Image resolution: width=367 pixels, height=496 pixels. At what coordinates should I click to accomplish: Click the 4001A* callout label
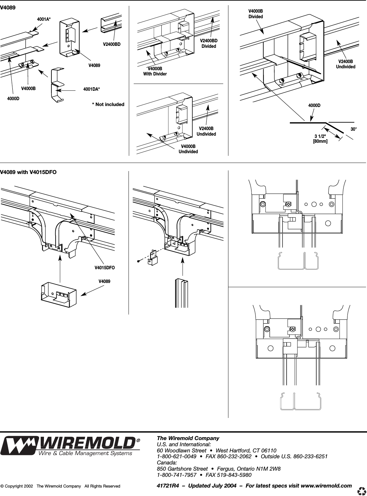coord(44,20)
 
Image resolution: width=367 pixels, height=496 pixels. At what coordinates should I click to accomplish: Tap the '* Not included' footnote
coord(108,104)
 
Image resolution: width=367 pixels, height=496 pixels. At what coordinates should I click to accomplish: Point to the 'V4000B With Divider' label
coord(155,72)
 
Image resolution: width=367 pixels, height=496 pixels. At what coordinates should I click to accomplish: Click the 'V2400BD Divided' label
coord(209,43)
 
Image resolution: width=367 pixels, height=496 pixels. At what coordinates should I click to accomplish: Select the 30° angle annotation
coord(353,129)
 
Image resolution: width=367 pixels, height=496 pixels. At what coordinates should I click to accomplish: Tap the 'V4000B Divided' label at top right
coord(255,14)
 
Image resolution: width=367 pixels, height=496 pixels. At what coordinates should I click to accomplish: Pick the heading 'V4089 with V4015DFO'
coord(28,172)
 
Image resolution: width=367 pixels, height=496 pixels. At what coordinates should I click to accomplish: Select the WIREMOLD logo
coord(70,446)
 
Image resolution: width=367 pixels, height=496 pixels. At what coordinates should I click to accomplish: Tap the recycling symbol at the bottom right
coord(361,490)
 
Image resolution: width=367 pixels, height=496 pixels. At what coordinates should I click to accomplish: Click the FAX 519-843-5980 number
coord(229,475)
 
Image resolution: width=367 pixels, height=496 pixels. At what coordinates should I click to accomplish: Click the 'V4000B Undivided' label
coord(188,149)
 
